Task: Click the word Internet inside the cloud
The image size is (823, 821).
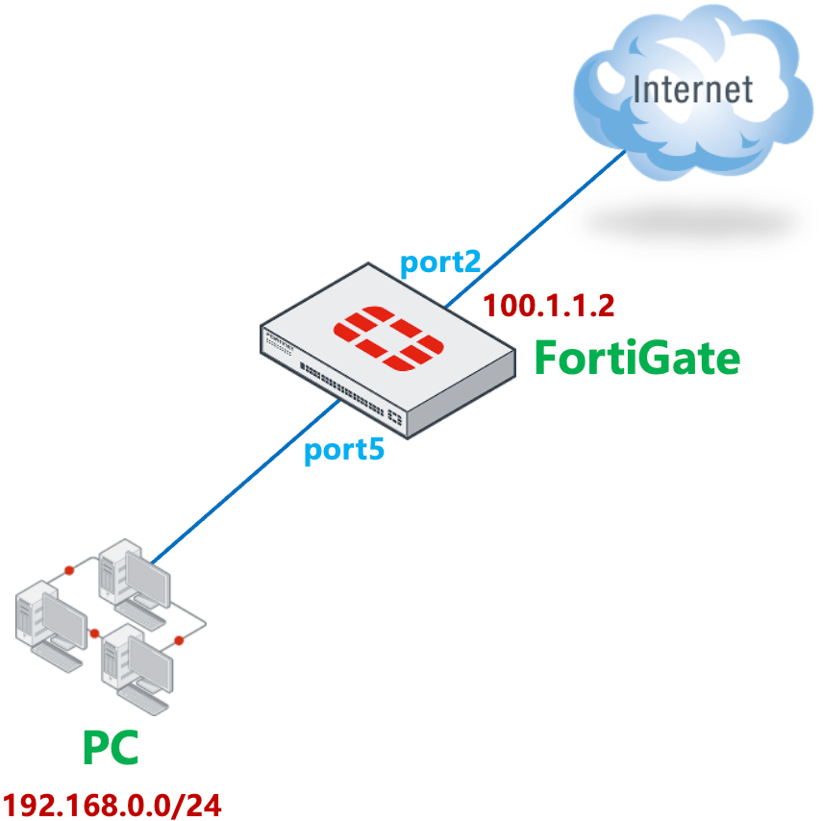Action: pyautogui.click(x=692, y=89)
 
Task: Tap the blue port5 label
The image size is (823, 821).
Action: pyautogui.click(x=343, y=451)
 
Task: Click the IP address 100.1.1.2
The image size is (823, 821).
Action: pyautogui.click(x=548, y=306)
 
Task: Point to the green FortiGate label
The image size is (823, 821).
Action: pyautogui.click(x=636, y=359)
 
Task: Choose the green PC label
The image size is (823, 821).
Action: pyautogui.click(x=110, y=748)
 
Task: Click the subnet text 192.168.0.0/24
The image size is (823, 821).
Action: pyautogui.click(x=112, y=804)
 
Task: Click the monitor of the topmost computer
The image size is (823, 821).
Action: pyautogui.click(x=148, y=582)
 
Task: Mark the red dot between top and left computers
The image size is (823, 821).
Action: pyautogui.click(x=69, y=572)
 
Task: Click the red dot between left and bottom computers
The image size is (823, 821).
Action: pyautogui.click(x=94, y=634)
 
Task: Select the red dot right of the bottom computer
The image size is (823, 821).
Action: pyautogui.click(x=179, y=640)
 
